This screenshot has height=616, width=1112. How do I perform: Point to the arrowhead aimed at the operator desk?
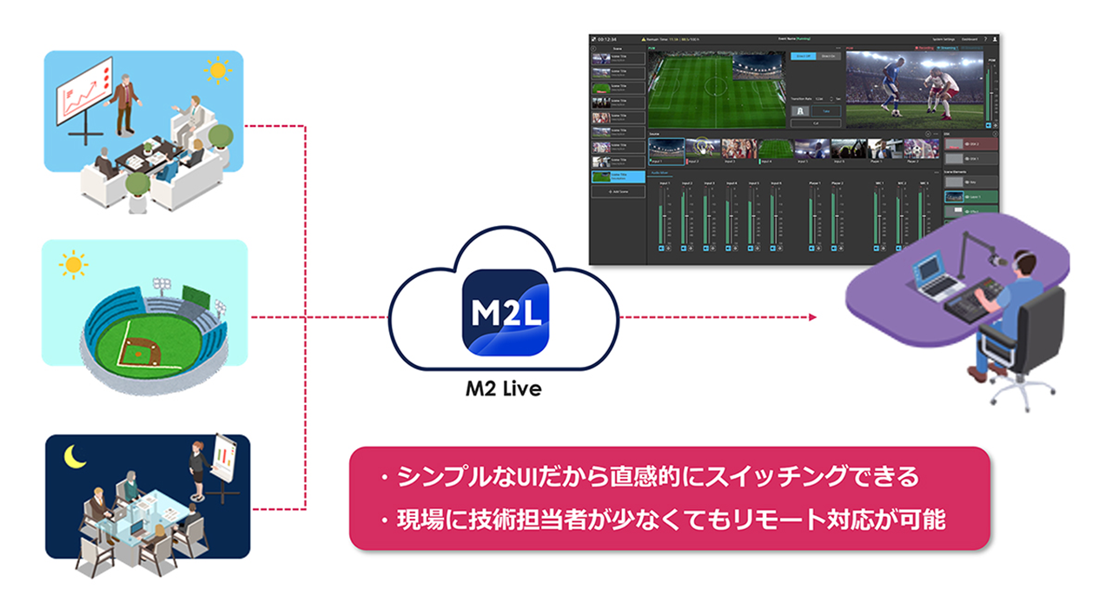coord(812,317)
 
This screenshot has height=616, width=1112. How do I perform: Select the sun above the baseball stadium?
coord(72,262)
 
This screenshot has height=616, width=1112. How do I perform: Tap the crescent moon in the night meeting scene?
coord(72,454)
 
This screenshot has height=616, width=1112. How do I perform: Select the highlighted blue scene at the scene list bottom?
coord(617,176)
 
